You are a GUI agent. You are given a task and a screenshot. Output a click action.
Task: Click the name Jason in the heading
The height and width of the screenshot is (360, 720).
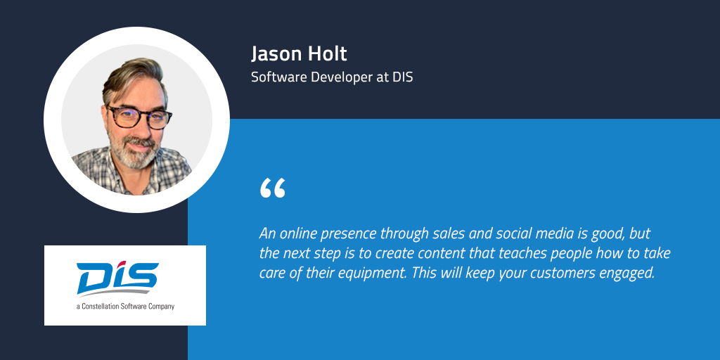pyautogui.click(x=274, y=54)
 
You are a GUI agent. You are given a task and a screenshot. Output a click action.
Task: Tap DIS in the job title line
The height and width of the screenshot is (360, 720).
pyautogui.click(x=403, y=77)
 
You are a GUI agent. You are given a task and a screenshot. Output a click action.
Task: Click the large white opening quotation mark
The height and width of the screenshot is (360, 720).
pyautogui.click(x=272, y=188)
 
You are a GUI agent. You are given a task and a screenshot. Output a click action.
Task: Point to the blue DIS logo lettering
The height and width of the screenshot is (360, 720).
pyautogui.click(x=117, y=278)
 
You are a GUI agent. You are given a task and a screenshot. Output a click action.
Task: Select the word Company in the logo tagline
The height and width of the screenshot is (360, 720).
pyautogui.click(x=161, y=307)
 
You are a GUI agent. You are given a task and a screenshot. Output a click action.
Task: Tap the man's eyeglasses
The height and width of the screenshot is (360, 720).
pyautogui.click(x=139, y=117)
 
